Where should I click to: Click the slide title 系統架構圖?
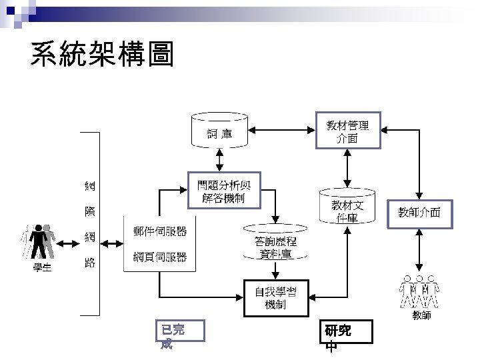point(102,56)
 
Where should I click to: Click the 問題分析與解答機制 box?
point(219,190)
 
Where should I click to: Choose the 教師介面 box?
point(419,213)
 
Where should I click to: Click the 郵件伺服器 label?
point(160,231)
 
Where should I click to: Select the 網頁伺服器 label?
point(160,257)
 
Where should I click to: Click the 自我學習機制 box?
point(275,297)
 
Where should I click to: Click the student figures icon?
point(40,241)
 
